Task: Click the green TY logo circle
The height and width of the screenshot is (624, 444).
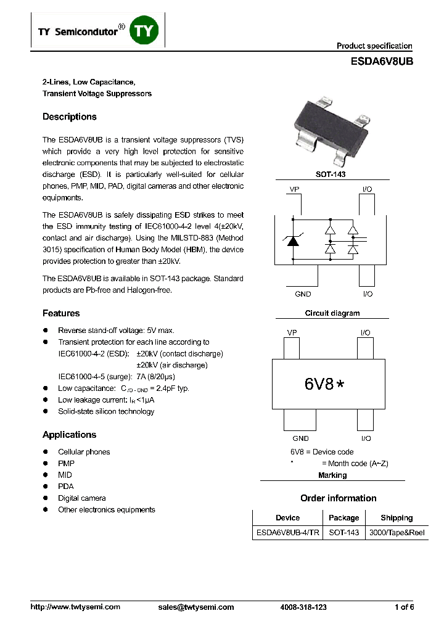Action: click(144, 31)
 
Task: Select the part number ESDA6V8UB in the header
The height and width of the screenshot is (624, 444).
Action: click(381, 62)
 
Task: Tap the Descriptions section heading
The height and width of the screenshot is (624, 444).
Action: click(69, 117)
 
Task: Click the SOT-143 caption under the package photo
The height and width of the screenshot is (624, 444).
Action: click(331, 174)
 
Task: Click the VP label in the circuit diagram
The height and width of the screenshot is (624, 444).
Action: click(294, 189)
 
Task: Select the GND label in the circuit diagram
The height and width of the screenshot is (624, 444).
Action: click(303, 294)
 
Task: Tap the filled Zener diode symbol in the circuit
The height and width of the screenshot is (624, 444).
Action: click(293, 241)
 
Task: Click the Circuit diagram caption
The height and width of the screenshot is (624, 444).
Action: click(332, 313)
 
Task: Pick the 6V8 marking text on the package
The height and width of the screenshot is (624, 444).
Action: click(319, 384)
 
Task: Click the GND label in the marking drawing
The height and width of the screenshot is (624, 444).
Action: click(300, 438)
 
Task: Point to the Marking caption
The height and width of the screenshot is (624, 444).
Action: click(332, 475)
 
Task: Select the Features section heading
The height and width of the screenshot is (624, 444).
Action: click(61, 313)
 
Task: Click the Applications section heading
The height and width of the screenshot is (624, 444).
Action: click(69, 435)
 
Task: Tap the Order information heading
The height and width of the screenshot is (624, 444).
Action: click(338, 498)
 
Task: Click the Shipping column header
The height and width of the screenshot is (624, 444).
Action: click(397, 518)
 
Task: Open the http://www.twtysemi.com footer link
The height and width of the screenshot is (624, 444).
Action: click(75, 607)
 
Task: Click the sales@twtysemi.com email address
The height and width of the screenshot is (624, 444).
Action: click(196, 607)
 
